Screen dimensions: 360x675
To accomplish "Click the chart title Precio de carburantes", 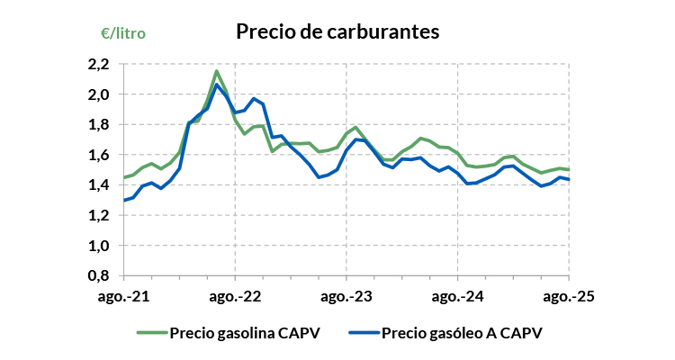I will (337, 31).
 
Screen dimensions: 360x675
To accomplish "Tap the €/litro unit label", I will (123, 33).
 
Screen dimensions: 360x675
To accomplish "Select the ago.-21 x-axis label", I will (124, 295).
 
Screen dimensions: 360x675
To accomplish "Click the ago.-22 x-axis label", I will (235, 295).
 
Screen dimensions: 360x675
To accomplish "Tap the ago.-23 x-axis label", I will (346, 295).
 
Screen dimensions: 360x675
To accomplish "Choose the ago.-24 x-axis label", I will (458, 295).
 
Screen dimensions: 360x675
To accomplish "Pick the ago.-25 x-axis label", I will (569, 295).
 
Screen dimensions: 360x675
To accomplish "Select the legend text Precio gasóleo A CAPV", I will (463, 332).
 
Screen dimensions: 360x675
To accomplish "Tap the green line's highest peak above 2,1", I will (217, 71).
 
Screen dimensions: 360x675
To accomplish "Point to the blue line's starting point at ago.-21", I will (124, 200).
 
